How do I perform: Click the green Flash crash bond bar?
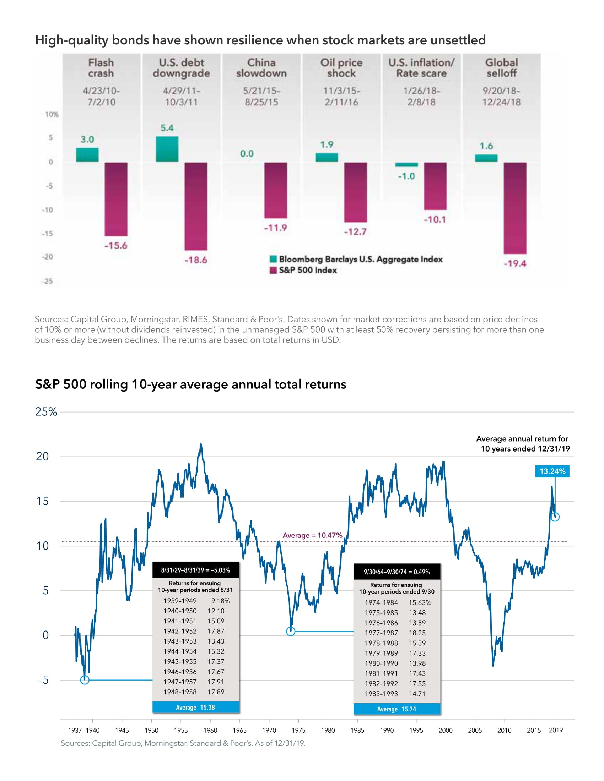[x=87, y=155]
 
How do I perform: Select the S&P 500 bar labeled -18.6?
[x=196, y=206]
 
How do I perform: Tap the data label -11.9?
[x=275, y=228]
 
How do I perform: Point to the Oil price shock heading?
[x=341, y=67]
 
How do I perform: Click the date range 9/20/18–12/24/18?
[x=501, y=97]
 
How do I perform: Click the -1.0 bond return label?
[x=406, y=176]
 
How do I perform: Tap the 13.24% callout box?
[x=552, y=471]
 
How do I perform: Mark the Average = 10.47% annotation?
[x=312, y=535]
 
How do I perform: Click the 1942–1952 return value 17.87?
[x=216, y=631]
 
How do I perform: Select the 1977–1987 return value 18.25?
[x=417, y=633]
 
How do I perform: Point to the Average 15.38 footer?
[x=196, y=707]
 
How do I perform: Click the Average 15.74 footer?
[x=397, y=709]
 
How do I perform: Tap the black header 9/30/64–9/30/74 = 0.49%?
[x=397, y=572]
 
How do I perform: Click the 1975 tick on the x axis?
[x=298, y=730]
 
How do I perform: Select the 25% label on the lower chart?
[x=46, y=411]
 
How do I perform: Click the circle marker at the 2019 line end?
[x=555, y=517]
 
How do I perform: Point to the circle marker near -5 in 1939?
[x=85, y=680]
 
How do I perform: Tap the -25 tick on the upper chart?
[x=47, y=281]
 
